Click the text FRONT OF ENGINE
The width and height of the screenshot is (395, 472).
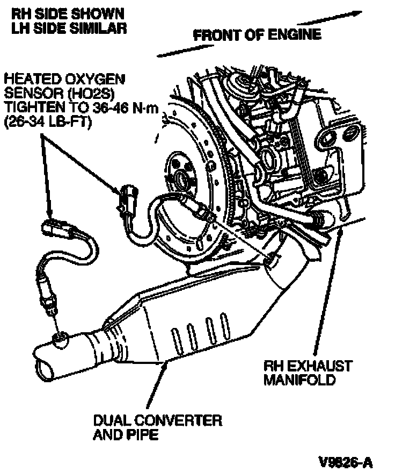[x=257, y=35]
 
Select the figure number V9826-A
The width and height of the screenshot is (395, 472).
[x=345, y=462]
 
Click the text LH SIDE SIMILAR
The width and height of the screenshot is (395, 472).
[x=69, y=27]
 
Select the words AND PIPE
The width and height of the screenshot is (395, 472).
[x=126, y=434]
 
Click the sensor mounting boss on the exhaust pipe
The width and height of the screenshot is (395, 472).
[x=60, y=338]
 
